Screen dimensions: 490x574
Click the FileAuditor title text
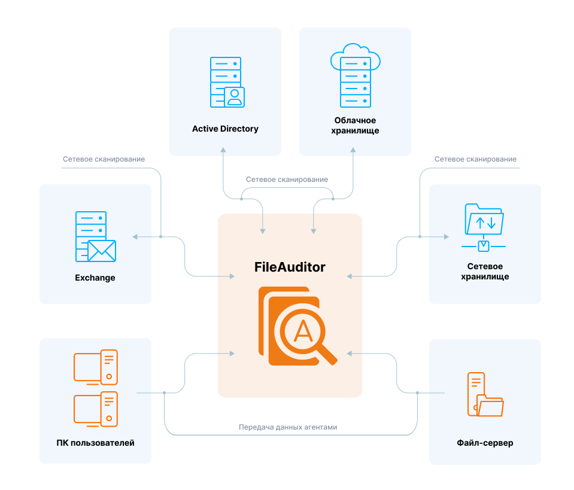coord(290,267)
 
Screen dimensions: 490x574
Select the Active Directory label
coord(225,129)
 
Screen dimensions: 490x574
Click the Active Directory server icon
coord(226,82)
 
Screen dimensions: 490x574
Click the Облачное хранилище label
coord(356,125)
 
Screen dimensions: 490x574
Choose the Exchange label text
coord(95,278)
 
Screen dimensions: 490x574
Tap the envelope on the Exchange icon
coord(101,251)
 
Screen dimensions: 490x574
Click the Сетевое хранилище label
coord(485,272)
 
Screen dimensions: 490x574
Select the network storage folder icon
coord(484,220)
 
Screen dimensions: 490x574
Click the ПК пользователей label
coord(95,443)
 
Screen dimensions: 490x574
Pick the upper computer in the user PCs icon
coord(96,367)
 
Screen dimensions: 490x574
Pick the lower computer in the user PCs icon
coord(96,409)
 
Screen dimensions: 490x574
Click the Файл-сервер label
coord(485,443)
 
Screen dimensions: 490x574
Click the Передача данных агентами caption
coord(288,427)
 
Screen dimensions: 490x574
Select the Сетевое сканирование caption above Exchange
coord(104,159)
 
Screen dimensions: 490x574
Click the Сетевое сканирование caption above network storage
coord(475,159)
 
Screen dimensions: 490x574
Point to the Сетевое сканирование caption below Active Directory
coord(287,179)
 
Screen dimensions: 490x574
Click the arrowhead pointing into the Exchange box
coord(135,237)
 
